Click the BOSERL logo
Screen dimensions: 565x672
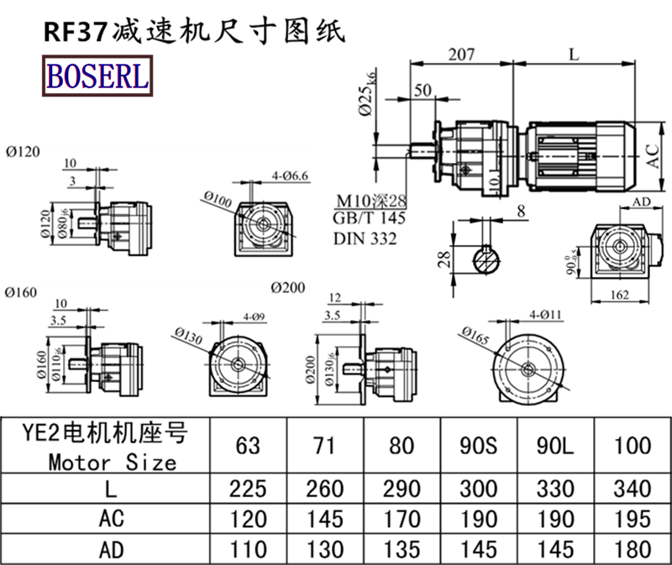coord(97,76)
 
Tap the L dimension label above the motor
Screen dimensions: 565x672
coord(573,55)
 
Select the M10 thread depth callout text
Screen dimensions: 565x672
coord(370,201)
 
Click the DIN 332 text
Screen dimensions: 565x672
coord(365,238)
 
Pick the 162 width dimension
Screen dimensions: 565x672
coord(622,295)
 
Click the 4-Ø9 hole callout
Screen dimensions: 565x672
coord(255,317)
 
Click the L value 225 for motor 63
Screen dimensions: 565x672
coord(248,489)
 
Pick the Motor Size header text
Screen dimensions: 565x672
coord(112,461)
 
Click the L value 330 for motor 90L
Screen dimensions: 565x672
coord(554,489)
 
